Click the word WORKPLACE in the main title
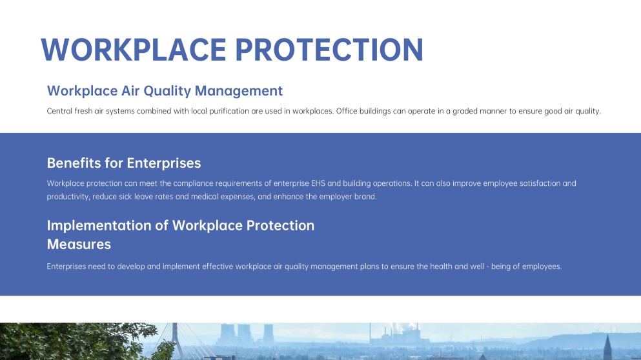tap(134, 50)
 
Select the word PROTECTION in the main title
tap(329, 50)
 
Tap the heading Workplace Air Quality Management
tap(165, 91)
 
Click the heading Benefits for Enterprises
tap(124, 163)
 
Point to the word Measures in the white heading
tap(79, 245)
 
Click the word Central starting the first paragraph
tap(59, 111)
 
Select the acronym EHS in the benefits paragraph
tap(318, 183)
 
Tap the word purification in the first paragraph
tap(229, 112)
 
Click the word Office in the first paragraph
tap(347, 111)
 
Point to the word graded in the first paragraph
tap(465, 112)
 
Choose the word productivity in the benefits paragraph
tap(68, 197)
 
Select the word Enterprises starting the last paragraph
tap(66, 267)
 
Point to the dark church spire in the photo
tap(607, 348)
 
